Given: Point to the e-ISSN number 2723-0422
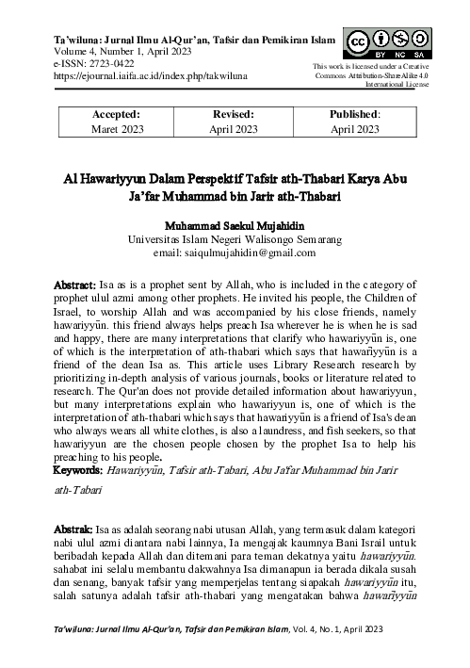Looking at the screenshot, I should (x=105, y=61).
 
